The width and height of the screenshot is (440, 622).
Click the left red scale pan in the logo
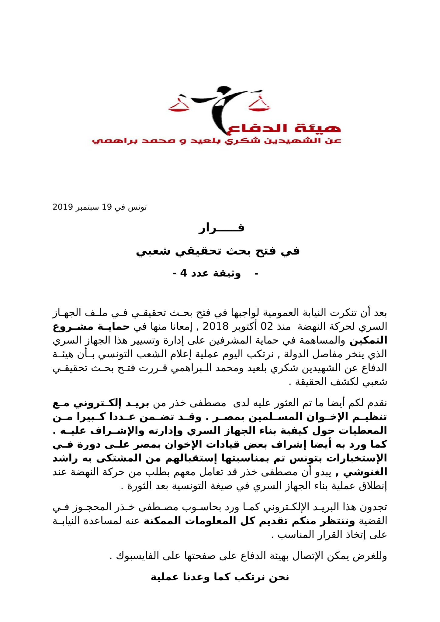pos(179,107)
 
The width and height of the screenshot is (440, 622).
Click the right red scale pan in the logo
pos(259,105)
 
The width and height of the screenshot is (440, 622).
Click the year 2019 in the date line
pos(62,208)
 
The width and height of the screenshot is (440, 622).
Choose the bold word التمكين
pos(368,341)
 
